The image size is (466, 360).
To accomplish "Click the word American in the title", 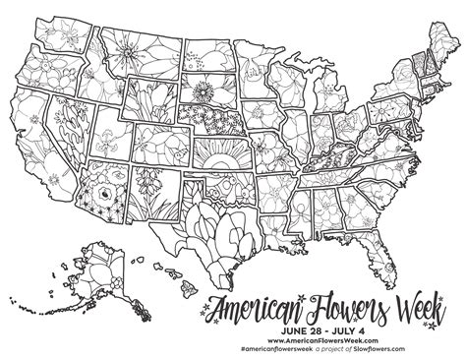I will coord(268,298).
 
